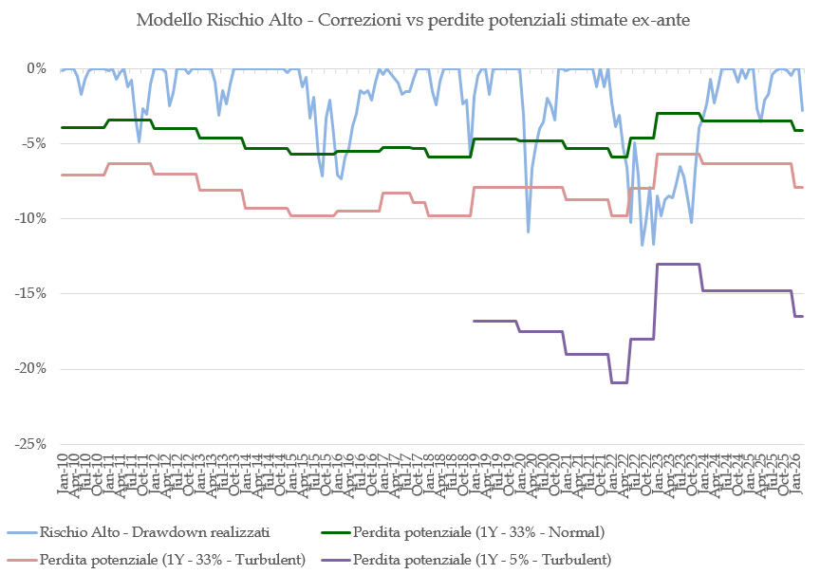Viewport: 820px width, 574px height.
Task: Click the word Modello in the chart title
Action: [x=168, y=19]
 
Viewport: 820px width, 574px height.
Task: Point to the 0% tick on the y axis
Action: [x=37, y=68]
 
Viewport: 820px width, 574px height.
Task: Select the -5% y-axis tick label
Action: [x=33, y=143]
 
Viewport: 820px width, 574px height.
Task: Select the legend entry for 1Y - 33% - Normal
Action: [x=478, y=533]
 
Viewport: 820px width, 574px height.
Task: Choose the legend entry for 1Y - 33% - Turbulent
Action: [x=172, y=560]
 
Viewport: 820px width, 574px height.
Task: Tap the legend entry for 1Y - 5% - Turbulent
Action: [x=481, y=560]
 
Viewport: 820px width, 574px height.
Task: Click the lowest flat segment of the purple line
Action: [x=619, y=382]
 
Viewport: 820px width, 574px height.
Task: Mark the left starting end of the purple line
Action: [x=474, y=321]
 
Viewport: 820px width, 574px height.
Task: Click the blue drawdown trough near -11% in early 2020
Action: [x=529, y=231]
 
